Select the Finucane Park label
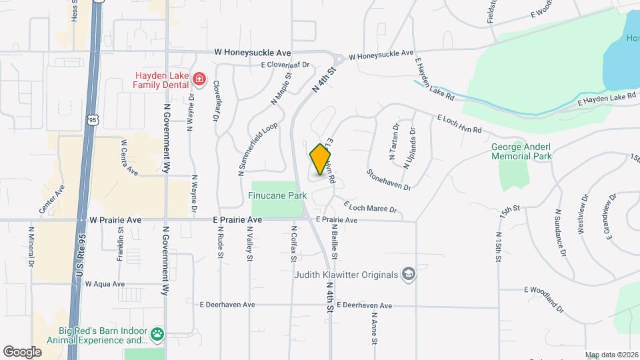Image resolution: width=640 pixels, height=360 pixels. tap(277, 196)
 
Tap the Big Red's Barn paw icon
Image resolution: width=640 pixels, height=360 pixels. tap(157, 333)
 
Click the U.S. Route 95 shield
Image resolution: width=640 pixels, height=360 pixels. tap(92, 119)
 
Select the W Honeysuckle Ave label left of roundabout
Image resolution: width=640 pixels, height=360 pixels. tap(253, 52)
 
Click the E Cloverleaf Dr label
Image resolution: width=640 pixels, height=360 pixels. tap(286, 65)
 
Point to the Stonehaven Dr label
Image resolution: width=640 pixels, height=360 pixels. tap(388, 179)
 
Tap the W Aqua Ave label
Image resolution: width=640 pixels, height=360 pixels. tap(105, 284)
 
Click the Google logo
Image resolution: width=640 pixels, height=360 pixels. tap(22, 351)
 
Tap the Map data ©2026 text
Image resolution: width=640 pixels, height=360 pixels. tap(611, 355)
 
